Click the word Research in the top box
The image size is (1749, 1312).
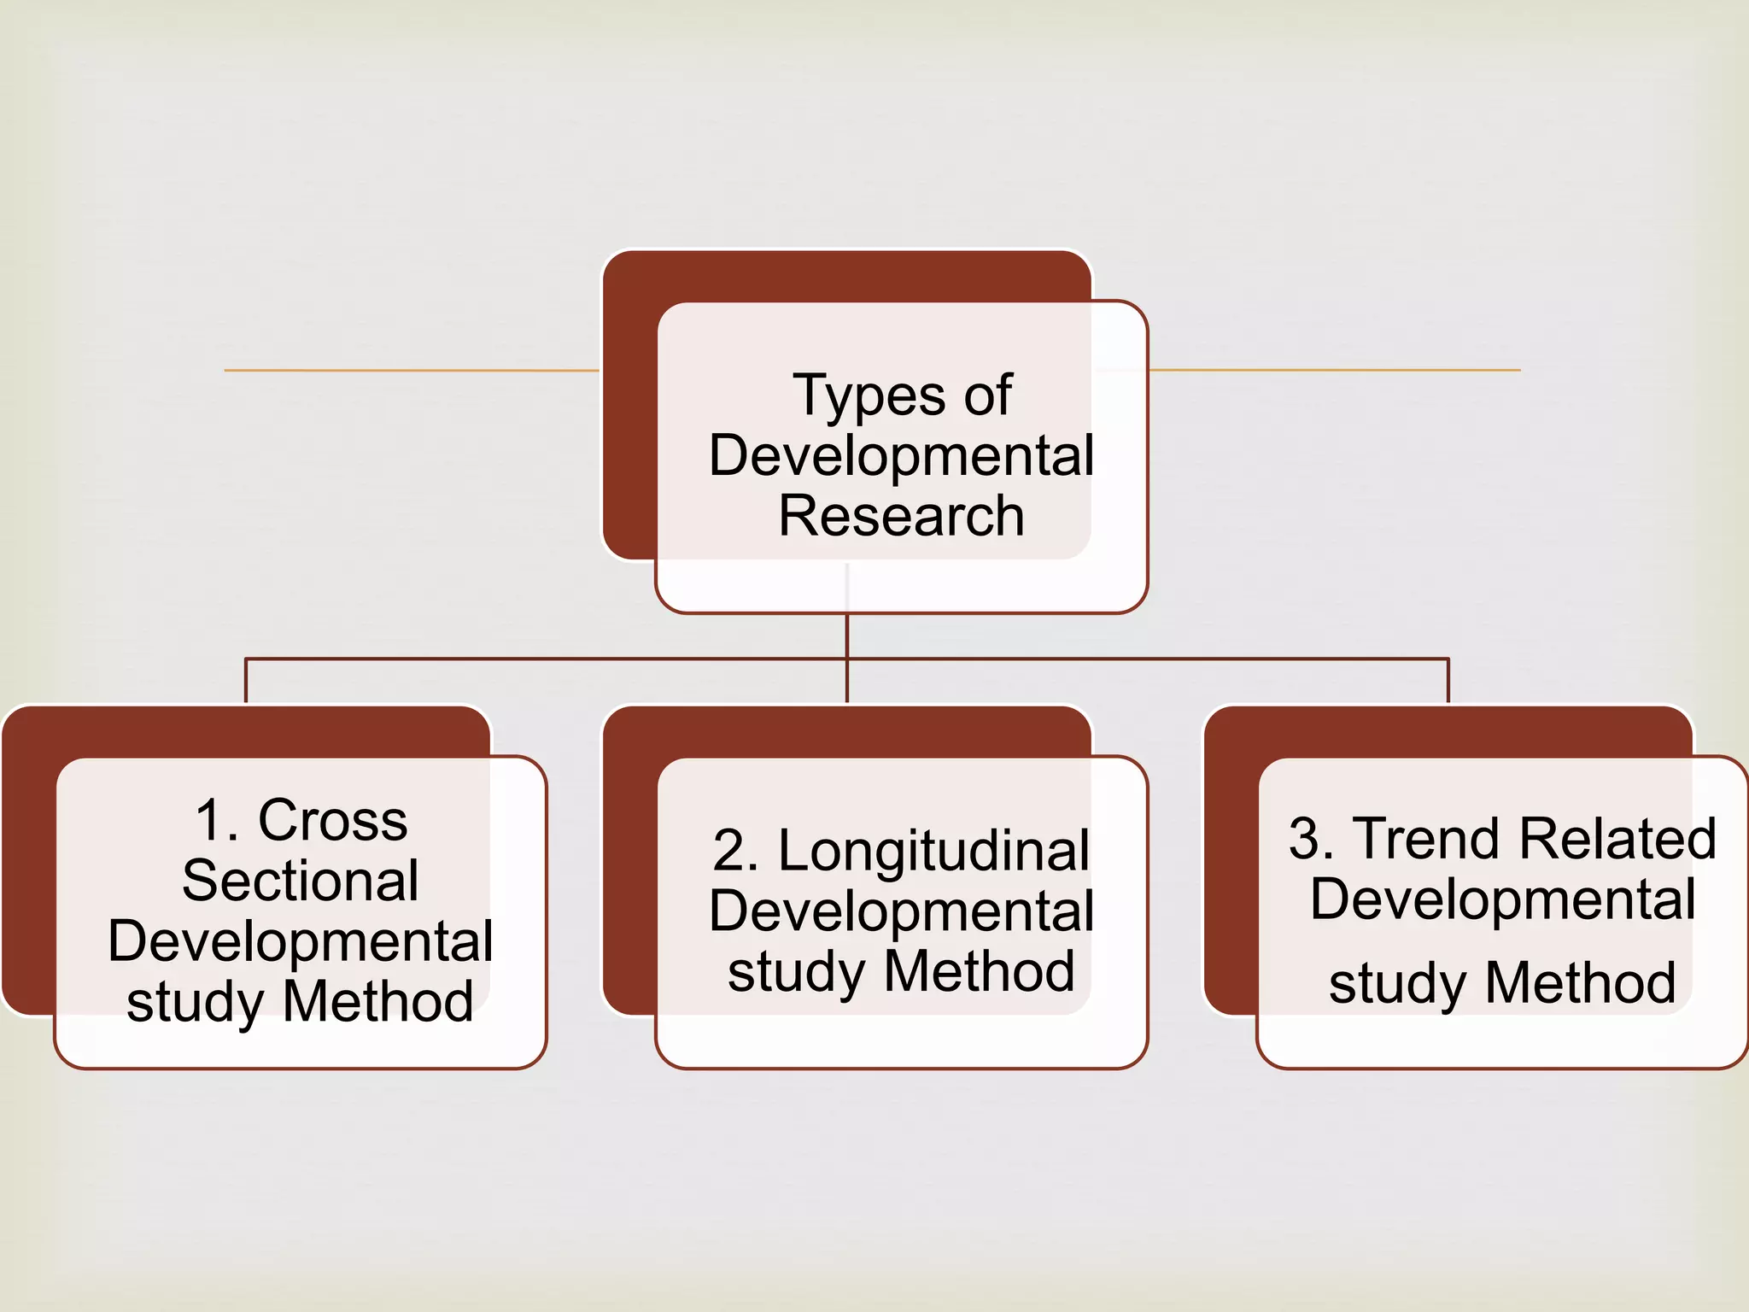point(901,516)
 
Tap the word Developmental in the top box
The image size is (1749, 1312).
point(901,455)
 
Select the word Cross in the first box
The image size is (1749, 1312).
point(332,821)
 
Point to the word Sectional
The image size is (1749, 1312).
point(301,881)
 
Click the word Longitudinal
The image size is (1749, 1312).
point(933,852)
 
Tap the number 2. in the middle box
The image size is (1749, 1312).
point(735,852)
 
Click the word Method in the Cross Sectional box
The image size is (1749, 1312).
point(377,1002)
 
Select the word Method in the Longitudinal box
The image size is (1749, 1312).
point(979,972)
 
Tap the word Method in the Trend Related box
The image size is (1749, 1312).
point(1580,984)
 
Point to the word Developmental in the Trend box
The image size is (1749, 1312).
point(1503,899)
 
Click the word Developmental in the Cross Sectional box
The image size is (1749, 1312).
point(301,941)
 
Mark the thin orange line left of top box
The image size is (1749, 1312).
point(410,370)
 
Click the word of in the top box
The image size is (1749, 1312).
point(987,396)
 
